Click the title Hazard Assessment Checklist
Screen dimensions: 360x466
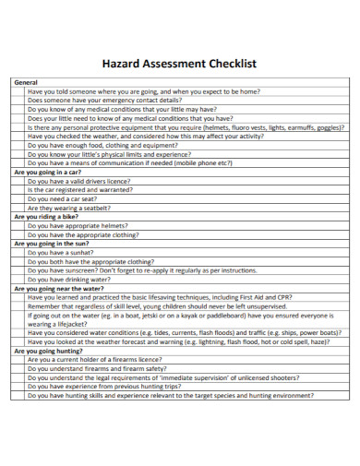[179, 65]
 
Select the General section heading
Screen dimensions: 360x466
[26, 83]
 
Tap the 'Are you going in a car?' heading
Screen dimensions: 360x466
[48, 173]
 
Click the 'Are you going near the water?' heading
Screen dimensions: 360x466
[60, 288]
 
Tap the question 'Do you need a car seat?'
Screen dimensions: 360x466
[62, 198]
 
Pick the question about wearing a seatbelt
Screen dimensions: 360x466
[70, 208]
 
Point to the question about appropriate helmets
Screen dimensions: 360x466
[78, 225]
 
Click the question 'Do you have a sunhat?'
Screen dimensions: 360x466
[60, 252]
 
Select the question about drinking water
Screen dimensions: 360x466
[69, 279]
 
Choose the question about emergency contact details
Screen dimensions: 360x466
[104, 101]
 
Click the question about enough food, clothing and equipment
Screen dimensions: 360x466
[102, 145]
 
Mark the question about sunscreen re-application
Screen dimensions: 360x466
[142, 270]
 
